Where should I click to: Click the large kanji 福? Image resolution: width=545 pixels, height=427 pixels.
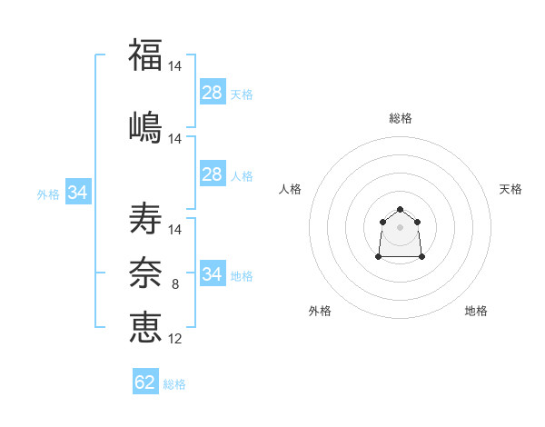point(145,55)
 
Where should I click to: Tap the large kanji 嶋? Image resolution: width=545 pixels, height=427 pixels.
point(145,127)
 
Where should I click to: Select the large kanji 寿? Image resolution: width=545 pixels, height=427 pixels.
point(145,218)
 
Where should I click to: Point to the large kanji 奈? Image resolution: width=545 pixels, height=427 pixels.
point(145,273)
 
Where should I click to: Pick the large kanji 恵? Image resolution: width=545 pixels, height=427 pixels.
point(145,327)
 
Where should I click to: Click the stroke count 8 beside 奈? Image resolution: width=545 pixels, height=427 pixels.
point(175,284)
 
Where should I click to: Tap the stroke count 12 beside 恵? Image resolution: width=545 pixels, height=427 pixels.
point(174,339)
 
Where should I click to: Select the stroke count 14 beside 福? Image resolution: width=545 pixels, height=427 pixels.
point(174,66)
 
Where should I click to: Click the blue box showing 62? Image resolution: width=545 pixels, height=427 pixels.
point(145,381)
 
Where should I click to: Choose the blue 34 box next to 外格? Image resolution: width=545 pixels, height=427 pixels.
point(78,192)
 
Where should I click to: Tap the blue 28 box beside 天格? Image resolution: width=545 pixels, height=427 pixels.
point(213,92)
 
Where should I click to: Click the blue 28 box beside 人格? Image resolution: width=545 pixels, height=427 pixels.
point(213,174)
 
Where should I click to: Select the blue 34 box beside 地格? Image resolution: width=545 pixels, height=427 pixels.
point(213,273)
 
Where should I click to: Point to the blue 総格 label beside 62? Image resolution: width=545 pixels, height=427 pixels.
point(174,384)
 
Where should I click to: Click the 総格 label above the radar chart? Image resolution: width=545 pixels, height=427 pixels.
point(401,118)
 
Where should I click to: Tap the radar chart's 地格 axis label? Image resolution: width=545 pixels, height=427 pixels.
point(476,311)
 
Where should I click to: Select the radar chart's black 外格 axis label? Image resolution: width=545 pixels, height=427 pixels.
point(320,311)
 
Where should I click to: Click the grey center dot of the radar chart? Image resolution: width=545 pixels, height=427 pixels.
point(400,227)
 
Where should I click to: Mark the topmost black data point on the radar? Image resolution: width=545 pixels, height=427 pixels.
point(400,209)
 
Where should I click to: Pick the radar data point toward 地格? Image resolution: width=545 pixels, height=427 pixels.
point(421,256)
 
